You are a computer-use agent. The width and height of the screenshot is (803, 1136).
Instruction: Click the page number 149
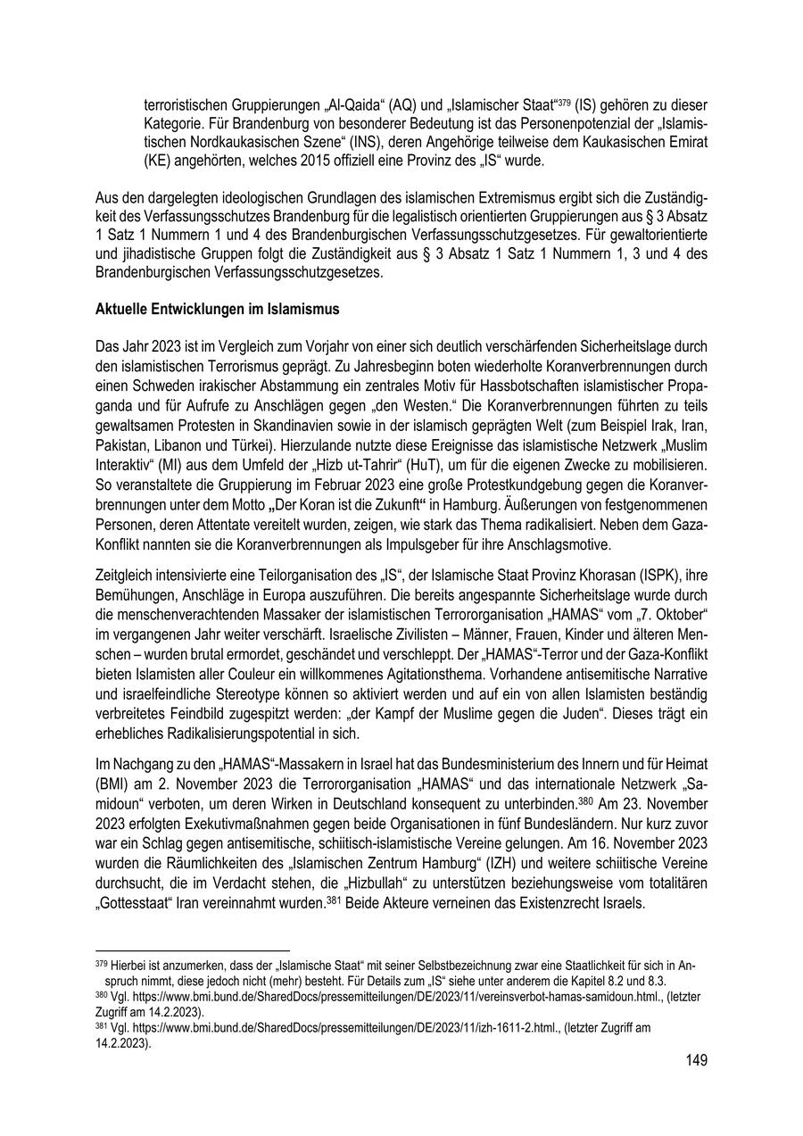[x=696, y=1060]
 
